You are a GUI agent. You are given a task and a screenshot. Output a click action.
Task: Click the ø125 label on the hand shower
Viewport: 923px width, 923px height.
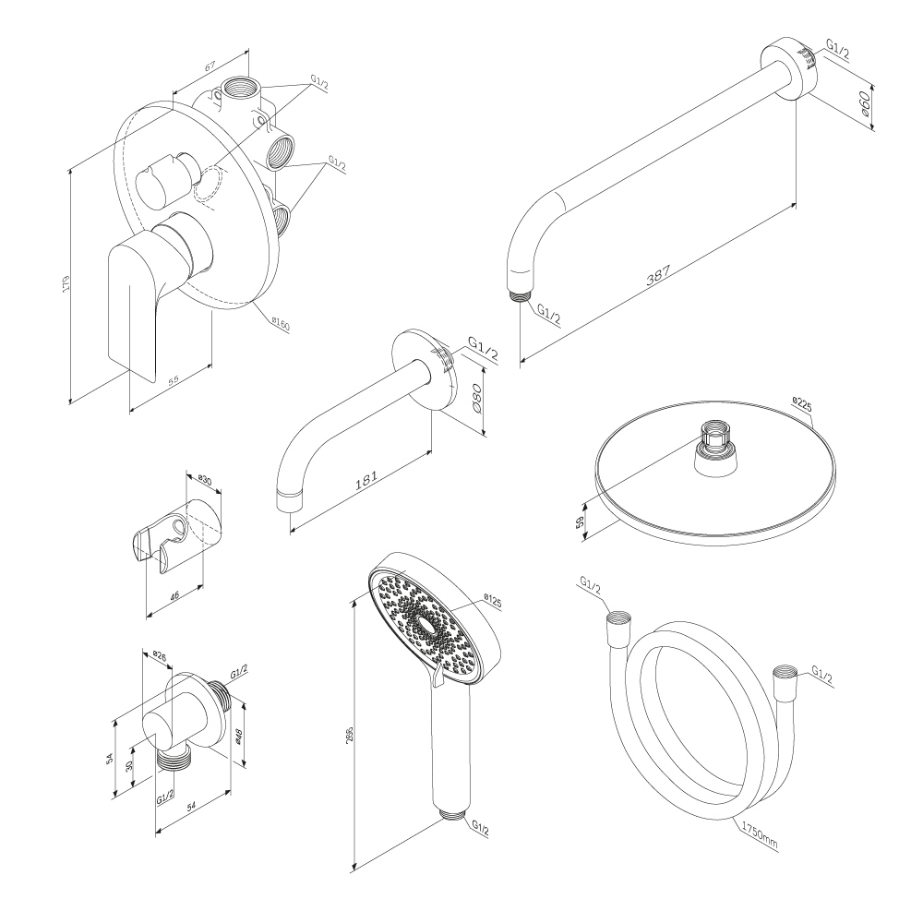492,602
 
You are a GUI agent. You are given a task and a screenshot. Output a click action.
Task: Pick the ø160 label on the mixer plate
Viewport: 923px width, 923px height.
281,324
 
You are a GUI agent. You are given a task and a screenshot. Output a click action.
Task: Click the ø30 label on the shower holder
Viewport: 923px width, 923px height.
205,481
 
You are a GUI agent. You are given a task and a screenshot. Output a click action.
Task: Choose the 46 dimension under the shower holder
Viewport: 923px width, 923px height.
175,596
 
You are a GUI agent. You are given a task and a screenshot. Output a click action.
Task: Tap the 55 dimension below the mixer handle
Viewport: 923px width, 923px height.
173,379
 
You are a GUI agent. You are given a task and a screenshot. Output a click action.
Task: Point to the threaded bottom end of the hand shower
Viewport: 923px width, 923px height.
452,814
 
